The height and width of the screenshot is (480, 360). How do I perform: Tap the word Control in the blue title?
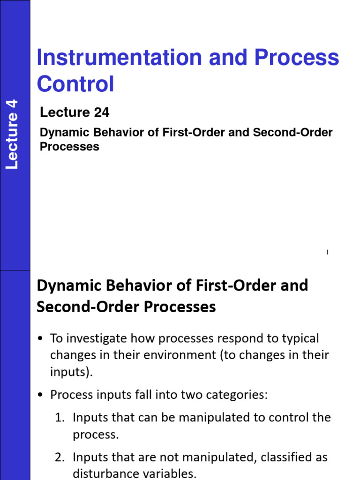click(75, 84)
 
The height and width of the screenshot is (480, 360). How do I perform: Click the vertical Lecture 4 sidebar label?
click(12, 135)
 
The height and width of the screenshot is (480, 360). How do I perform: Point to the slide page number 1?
click(327, 253)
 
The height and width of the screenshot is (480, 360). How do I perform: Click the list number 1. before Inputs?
click(60, 417)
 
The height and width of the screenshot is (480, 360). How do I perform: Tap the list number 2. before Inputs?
click(60, 457)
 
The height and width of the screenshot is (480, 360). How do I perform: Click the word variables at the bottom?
click(170, 473)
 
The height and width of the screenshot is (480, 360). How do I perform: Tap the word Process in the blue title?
click(297, 58)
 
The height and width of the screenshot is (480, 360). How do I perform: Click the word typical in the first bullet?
click(296, 338)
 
